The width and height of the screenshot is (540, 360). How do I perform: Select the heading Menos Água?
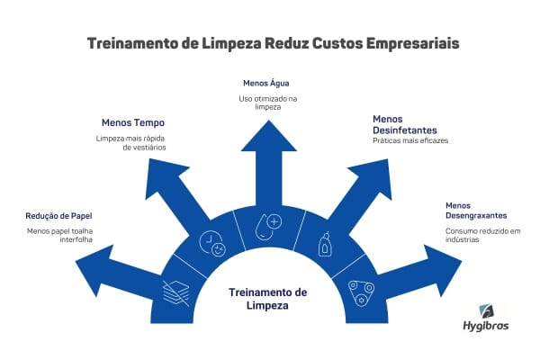click(x=265, y=83)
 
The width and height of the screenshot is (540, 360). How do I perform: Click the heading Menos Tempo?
click(x=132, y=122)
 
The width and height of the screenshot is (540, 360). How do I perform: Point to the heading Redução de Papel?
click(x=60, y=216)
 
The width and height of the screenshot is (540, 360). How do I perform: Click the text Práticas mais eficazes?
click(x=409, y=140)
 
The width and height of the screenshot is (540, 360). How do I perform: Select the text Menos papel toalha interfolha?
click(x=58, y=237)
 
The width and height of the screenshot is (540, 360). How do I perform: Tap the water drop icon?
click(x=266, y=224)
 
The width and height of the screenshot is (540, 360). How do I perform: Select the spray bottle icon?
click(x=326, y=243)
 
